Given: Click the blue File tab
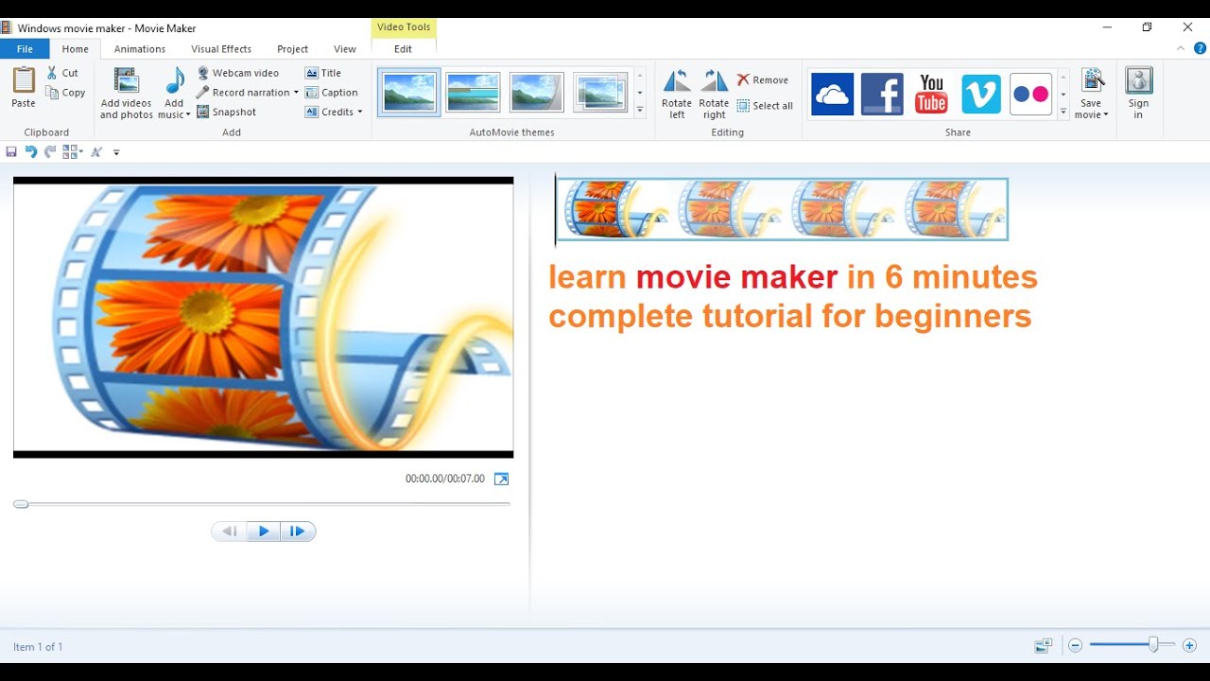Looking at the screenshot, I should click(25, 49).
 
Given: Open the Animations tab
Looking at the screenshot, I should click(140, 49).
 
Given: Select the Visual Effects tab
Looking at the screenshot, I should click(221, 49).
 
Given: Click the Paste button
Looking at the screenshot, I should click(24, 88).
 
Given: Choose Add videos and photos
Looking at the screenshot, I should click(126, 94).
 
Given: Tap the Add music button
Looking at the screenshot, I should click(174, 94).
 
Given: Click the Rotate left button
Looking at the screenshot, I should click(677, 94).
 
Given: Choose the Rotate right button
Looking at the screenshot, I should click(714, 94).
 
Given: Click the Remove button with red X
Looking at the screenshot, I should click(763, 80).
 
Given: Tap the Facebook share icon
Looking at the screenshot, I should click(882, 95).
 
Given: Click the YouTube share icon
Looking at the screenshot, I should click(931, 95).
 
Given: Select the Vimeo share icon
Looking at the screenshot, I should click(981, 95).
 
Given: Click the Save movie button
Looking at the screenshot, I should click(1092, 94).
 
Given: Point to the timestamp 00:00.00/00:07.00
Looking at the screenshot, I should click(444, 479).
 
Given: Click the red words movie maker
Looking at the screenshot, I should click(736, 277).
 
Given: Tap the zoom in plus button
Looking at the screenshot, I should click(1189, 646).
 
